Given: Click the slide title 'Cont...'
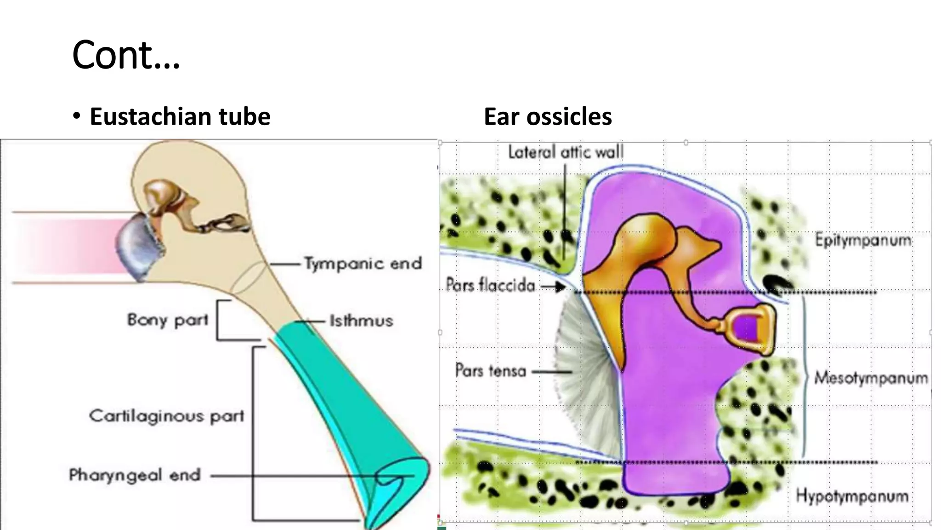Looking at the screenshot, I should click(x=126, y=55).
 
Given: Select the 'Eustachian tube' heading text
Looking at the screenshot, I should click(x=180, y=116).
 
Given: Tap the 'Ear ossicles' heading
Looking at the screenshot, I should click(x=547, y=116).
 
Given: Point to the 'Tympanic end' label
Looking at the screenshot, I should click(x=363, y=264).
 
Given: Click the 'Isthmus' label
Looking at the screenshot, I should click(x=361, y=321).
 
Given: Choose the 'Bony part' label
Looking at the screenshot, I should click(x=168, y=320).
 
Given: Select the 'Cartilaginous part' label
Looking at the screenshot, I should click(x=166, y=416).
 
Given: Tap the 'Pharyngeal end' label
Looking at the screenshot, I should click(x=135, y=475).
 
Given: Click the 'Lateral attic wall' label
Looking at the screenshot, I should click(x=566, y=152).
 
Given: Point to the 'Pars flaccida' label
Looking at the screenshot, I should click(x=490, y=286).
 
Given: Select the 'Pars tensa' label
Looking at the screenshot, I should click(x=490, y=370).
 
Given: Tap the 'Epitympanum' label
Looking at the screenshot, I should click(x=863, y=240).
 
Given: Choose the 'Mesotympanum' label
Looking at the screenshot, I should click(x=871, y=378).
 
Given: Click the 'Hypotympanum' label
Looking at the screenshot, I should click(x=852, y=496).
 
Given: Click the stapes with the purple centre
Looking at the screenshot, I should click(x=748, y=329).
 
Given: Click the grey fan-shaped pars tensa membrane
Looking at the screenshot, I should click(x=586, y=377).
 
